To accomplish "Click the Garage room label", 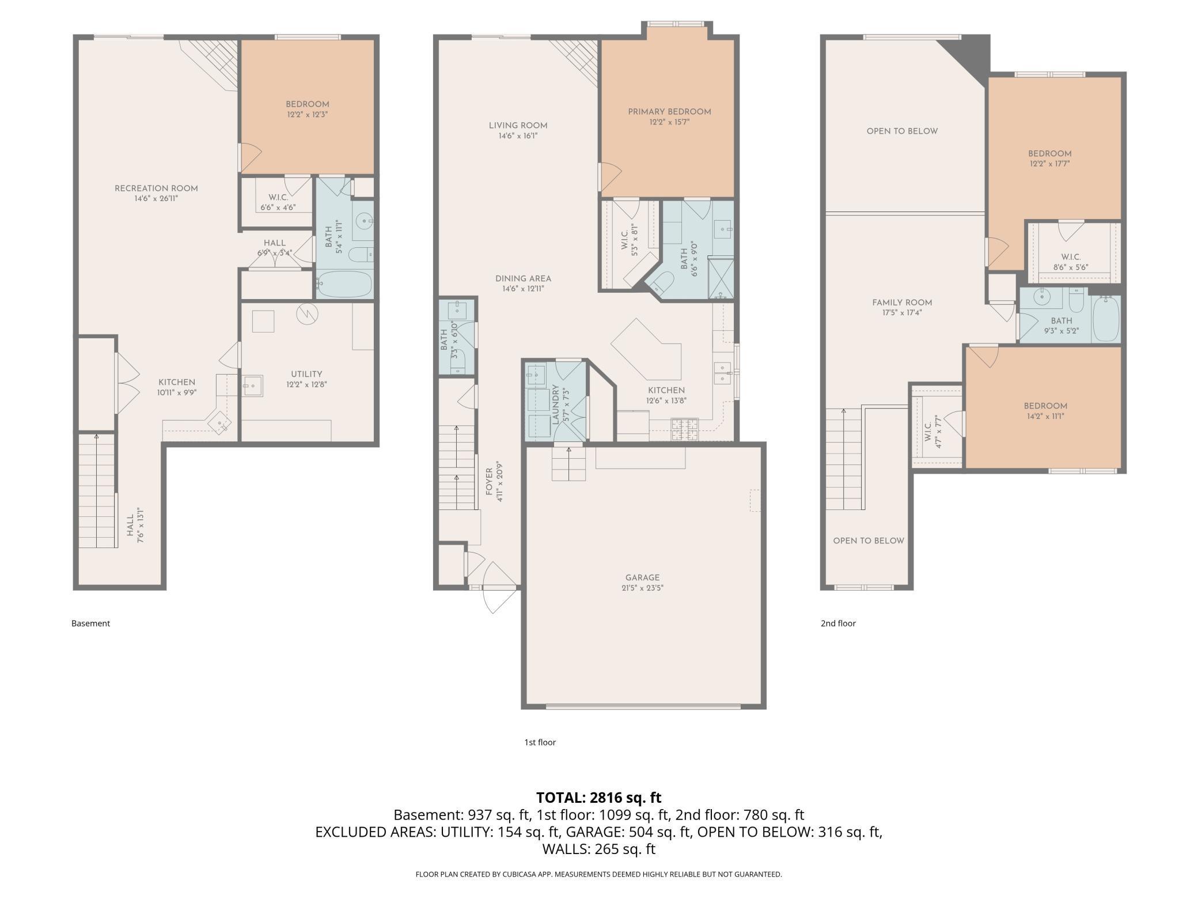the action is pos(642,577).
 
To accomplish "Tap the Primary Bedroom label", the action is pos(669,112).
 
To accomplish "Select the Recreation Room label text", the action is pos(156,188).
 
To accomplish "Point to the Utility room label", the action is pos(306,374).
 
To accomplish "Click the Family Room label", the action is pos(902,303).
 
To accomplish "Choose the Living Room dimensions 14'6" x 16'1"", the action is pos(518,136).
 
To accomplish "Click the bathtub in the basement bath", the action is pos(345,284).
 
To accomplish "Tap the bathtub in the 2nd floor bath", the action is pos(1106,319).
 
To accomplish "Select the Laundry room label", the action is pos(556,405).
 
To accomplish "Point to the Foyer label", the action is pos(490,482).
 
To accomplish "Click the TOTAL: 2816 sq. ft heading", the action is pos(599,798).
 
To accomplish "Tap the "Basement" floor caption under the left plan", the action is pos(90,623).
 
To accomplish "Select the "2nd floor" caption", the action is pos(838,623).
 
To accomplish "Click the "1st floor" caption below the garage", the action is pos(540,742).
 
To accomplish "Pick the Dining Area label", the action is pos(523,279).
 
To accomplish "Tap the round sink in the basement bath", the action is pos(363,220).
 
